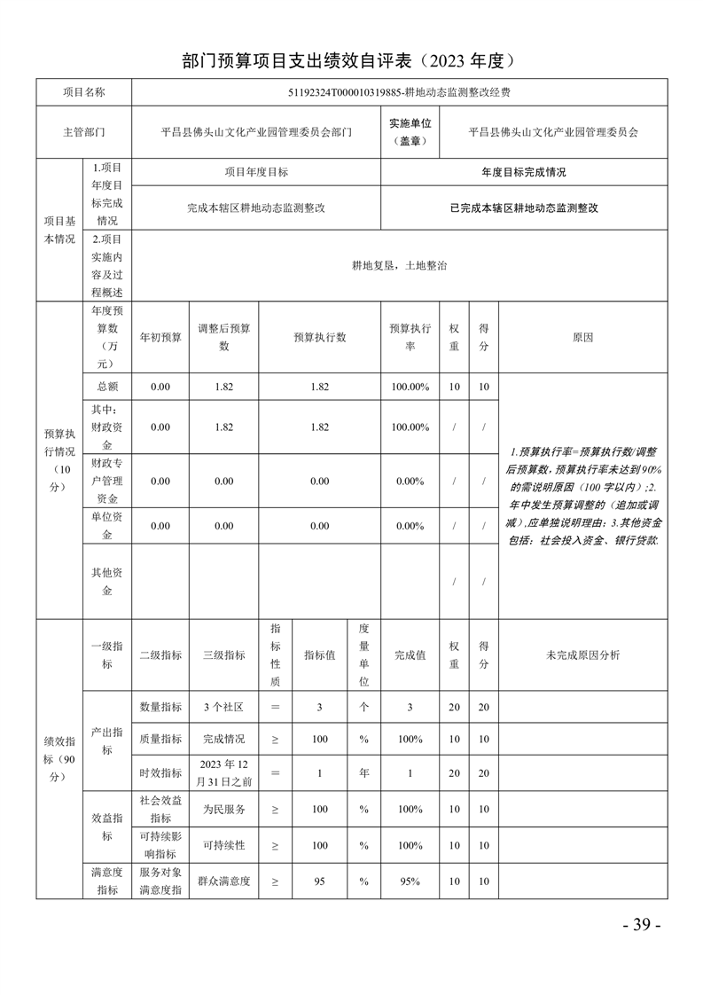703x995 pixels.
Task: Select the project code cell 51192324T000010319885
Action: (399, 92)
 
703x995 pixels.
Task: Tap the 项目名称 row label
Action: (83, 92)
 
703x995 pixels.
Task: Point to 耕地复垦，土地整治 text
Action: (399, 265)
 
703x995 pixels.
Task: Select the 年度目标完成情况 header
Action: (523, 172)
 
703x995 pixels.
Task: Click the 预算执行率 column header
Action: (410, 337)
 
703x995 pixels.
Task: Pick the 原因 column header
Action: (582, 337)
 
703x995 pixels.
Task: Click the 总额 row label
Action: (106, 387)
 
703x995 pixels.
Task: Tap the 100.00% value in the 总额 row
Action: (410, 387)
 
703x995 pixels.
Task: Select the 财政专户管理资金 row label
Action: (106, 481)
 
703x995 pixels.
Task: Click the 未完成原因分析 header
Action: (582, 654)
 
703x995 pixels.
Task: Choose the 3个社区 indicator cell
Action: (223, 707)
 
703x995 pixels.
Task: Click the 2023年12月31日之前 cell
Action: (223, 772)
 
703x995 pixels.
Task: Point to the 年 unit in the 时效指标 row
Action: (363, 773)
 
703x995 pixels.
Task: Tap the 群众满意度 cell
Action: (223, 881)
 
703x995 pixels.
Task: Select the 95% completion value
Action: (410, 881)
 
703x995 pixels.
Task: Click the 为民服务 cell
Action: (223, 809)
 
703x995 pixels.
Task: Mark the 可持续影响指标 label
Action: (160, 845)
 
